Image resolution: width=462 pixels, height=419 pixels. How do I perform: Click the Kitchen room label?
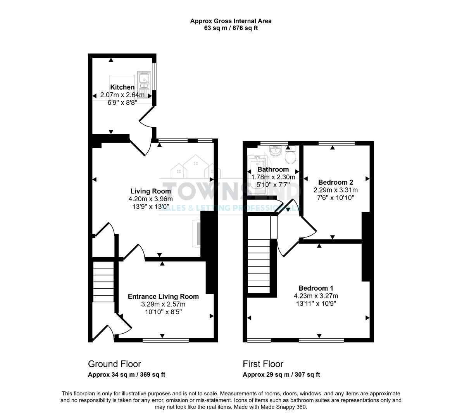pyautogui.click(x=122, y=87)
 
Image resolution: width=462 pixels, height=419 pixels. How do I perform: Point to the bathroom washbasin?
pyautogui.click(x=276, y=151)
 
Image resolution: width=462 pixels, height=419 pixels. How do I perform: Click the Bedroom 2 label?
pyautogui.click(x=335, y=182)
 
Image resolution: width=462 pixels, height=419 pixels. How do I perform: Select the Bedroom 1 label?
pyautogui.click(x=315, y=288)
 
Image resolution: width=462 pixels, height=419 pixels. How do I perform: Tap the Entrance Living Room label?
pyautogui.click(x=163, y=296)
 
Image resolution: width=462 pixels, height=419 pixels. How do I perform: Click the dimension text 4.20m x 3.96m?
pyautogui.click(x=150, y=199)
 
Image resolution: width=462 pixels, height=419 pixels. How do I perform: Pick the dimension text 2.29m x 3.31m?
pyautogui.click(x=335, y=190)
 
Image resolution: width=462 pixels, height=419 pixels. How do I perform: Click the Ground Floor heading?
pyautogui.click(x=114, y=364)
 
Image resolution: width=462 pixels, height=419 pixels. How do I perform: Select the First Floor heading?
pyautogui.click(x=263, y=364)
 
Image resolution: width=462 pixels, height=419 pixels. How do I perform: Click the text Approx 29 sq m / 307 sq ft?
pyautogui.click(x=281, y=375)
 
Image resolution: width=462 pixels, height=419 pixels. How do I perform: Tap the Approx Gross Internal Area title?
pyautogui.click(x=231, y=21)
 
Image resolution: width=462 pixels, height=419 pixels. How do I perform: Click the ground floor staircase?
pyautogui.click(x=103, y=281)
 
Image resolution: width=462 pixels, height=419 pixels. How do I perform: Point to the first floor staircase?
pyautogui.click(x=259, y=266)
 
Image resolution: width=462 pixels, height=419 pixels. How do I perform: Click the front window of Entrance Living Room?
pyautogui.click(x=165, y=341)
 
